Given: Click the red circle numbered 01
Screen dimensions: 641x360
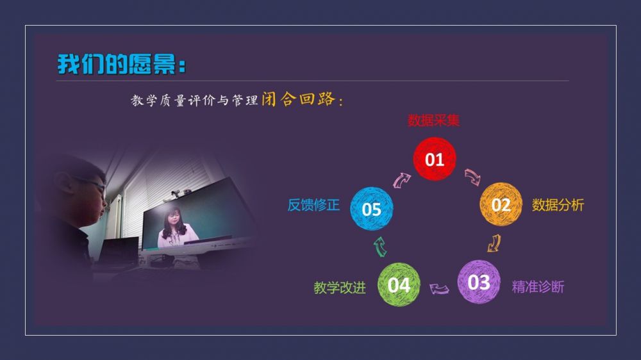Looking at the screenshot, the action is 434,159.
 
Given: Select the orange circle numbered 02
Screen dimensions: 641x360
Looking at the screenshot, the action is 501,204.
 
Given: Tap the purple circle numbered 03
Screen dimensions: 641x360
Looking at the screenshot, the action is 479,282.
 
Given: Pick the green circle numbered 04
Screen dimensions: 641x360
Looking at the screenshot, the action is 399,285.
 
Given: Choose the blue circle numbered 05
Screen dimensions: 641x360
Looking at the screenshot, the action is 372,209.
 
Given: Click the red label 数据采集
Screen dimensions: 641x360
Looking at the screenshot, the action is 434,120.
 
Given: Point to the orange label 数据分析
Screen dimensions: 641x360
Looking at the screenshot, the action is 558,205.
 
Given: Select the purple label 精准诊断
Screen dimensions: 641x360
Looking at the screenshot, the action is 538,287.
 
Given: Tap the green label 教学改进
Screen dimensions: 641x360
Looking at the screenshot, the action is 340,288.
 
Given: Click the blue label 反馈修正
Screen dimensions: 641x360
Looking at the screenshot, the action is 313,205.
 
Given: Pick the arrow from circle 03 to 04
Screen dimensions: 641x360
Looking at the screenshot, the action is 439,290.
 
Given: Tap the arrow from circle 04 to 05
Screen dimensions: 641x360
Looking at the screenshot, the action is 380,247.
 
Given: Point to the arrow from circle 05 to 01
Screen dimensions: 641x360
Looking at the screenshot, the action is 401,180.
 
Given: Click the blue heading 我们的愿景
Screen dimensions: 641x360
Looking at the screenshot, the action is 121,64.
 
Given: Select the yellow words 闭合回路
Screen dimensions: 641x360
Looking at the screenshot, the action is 299,99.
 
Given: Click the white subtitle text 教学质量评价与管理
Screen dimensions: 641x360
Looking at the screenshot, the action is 195,100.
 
